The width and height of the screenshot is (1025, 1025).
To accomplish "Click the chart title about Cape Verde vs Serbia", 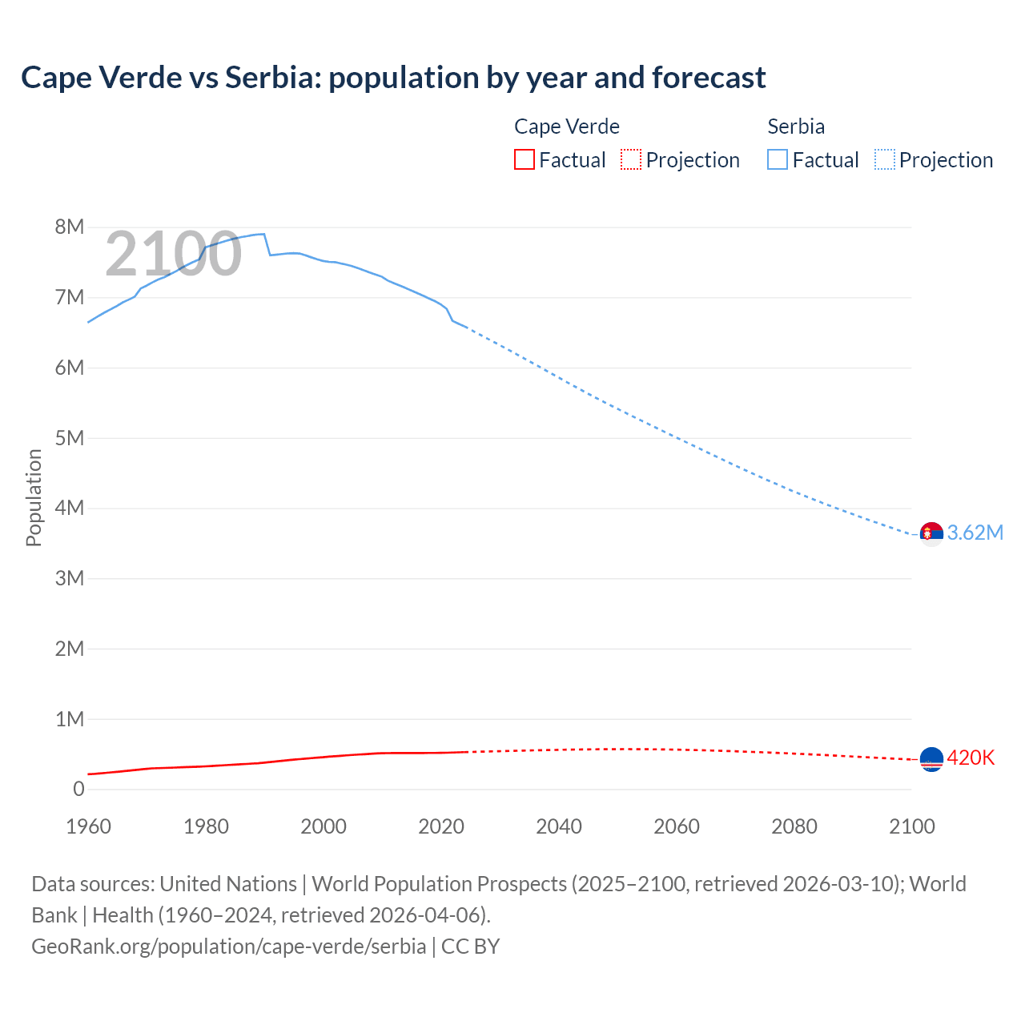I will (393, 78).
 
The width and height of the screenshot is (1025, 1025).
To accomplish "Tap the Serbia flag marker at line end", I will (931, 533).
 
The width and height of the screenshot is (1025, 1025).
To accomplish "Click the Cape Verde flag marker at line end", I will (931, 758).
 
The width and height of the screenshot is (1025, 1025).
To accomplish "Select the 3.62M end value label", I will (975, 533).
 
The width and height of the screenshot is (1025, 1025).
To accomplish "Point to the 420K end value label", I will (971, 758).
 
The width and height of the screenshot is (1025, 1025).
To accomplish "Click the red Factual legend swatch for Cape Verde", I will (524, 159).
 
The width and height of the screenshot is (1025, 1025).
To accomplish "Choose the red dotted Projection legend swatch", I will (631, 159).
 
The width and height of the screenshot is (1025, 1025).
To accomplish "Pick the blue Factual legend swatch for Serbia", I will (777, 159).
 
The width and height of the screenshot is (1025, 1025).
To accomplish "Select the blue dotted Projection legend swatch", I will (884, 159).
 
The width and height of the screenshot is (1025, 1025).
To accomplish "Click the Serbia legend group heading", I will (795, 127).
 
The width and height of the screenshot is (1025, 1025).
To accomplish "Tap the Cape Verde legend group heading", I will (566, 127).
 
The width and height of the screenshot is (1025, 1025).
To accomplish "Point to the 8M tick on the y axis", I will (70, 227).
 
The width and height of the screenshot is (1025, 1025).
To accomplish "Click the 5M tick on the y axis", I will (70, 438).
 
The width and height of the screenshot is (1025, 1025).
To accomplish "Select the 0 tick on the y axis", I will (78, 789).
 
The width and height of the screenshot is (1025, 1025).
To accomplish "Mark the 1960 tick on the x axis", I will (88, 826).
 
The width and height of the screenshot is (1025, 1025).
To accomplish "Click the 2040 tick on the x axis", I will (559, 826).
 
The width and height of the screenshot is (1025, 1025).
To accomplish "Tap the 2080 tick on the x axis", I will (794, 826).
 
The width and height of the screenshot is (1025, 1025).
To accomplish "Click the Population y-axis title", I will (34, 497).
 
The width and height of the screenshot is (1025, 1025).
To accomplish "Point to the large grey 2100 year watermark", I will (173, 254).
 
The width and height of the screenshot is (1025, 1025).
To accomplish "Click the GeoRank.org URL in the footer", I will (229, 946).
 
